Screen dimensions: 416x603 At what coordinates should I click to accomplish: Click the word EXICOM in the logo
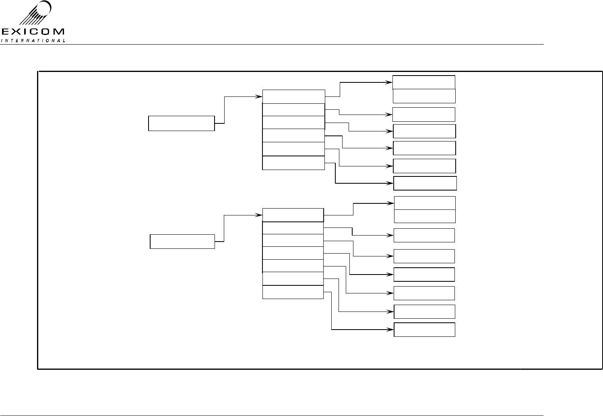(33, 32)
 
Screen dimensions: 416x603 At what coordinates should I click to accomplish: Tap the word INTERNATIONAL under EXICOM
(33, 40)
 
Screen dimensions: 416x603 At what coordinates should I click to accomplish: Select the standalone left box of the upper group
(181, 123)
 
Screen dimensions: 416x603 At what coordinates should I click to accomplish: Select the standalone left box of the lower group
(182, 242)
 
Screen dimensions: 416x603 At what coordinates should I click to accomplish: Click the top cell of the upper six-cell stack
(293, 97)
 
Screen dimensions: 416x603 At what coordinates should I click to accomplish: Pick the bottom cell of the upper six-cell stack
(293, 163)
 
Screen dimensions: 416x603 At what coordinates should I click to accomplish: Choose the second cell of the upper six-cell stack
(293, 110)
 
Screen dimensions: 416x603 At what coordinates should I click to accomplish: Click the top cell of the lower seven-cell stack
(293, 215)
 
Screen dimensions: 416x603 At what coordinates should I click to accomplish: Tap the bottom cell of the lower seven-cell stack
(293, 292)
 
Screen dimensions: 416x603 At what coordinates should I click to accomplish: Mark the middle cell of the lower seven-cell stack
(293, 253)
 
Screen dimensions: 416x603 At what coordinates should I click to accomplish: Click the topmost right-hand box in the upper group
(424, 82)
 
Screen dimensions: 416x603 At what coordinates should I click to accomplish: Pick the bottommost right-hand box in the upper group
(425, 183)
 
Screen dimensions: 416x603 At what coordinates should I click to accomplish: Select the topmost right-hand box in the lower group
(425, 203)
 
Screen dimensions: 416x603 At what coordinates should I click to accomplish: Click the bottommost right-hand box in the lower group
(424, 330)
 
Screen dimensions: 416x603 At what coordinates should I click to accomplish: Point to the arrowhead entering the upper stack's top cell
(260, 96)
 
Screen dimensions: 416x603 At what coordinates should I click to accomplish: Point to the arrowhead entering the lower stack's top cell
(260, 215)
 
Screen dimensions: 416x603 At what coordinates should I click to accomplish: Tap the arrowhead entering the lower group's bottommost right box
(391, 330)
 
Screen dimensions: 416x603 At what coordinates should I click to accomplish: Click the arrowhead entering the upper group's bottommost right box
(391, 183)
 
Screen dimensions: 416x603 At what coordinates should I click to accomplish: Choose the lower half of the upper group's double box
(424, 96)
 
